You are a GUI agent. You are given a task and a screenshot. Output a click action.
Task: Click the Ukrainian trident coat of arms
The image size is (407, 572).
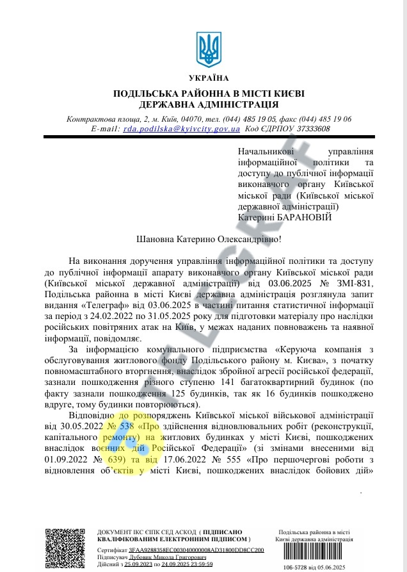coord(209,51)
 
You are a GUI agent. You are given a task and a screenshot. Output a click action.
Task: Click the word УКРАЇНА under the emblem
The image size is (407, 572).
coord(209,78)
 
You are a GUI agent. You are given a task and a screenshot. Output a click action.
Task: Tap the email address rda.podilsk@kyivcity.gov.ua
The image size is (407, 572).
coord(182,129)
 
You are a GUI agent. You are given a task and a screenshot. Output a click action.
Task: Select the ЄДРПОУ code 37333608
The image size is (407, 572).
coord(309,129)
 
